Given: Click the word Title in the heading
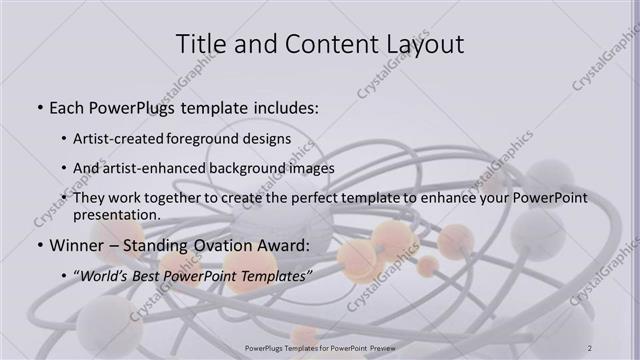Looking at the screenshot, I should (200, 44).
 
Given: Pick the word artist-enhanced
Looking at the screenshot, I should (158, 169).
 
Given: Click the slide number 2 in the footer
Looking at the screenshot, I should (590, 347).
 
